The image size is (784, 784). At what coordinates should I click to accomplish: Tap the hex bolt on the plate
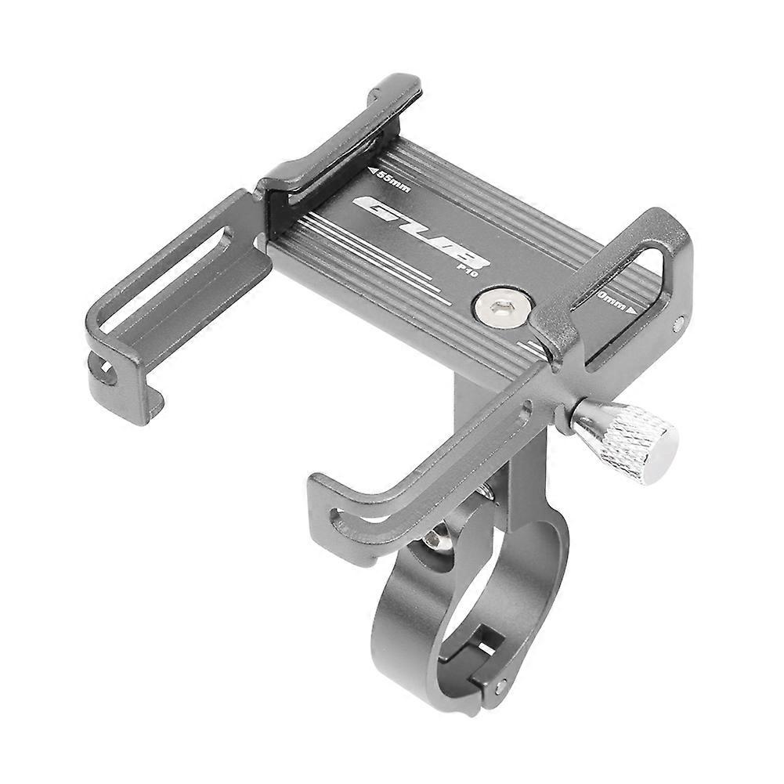(x=496, y=307)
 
